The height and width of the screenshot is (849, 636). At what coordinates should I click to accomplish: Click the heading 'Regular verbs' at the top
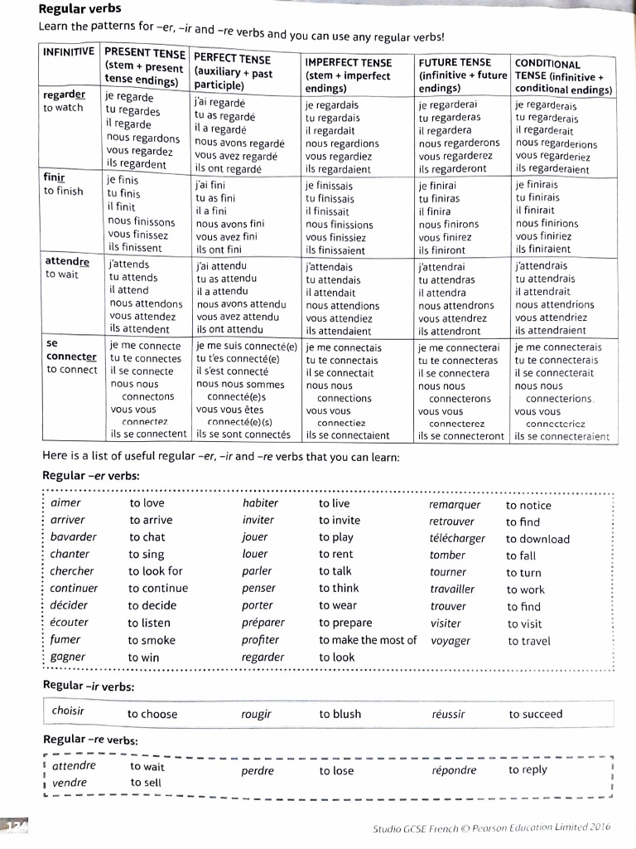[x=79, y=9]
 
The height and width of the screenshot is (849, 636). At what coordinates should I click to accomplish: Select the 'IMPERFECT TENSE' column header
[x=348, y=63]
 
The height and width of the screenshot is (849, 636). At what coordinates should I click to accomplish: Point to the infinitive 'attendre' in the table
[x=67, y=261]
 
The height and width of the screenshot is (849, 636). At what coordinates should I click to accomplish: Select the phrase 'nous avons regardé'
[x=239, y=143]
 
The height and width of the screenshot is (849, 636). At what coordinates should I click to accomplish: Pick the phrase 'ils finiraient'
[x=542, y=249]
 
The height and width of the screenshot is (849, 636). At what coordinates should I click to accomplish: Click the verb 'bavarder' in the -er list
[x=73, y=536]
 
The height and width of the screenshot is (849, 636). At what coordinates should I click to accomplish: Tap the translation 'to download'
[x=537, y=539]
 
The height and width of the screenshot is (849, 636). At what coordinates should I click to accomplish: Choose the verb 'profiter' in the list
[x=260, y=639]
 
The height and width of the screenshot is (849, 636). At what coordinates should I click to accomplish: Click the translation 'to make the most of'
[x=368, y=639]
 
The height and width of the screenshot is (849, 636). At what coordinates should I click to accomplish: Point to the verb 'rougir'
[x=256, y=713]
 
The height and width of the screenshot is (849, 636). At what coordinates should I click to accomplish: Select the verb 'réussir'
[x=448, y=714]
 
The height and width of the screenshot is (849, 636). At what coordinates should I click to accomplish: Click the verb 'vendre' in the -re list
[x=69, y=783]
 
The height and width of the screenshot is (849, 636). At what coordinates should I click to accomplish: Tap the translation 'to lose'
[x=336, y=770]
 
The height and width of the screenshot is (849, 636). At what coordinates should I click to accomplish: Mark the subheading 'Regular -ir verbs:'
[x=88, y=686]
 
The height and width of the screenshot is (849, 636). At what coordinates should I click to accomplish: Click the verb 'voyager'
[x=450, y=640]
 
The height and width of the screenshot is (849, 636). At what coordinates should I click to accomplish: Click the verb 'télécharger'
[x=457, y=538]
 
